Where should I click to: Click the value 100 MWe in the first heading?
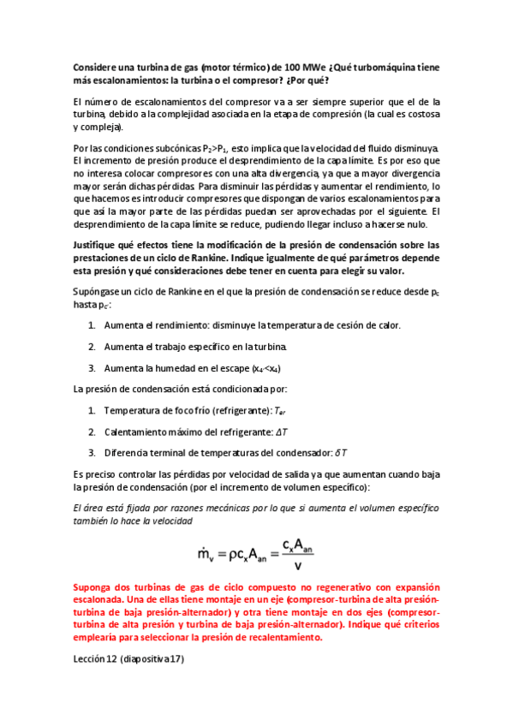(306, 65)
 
